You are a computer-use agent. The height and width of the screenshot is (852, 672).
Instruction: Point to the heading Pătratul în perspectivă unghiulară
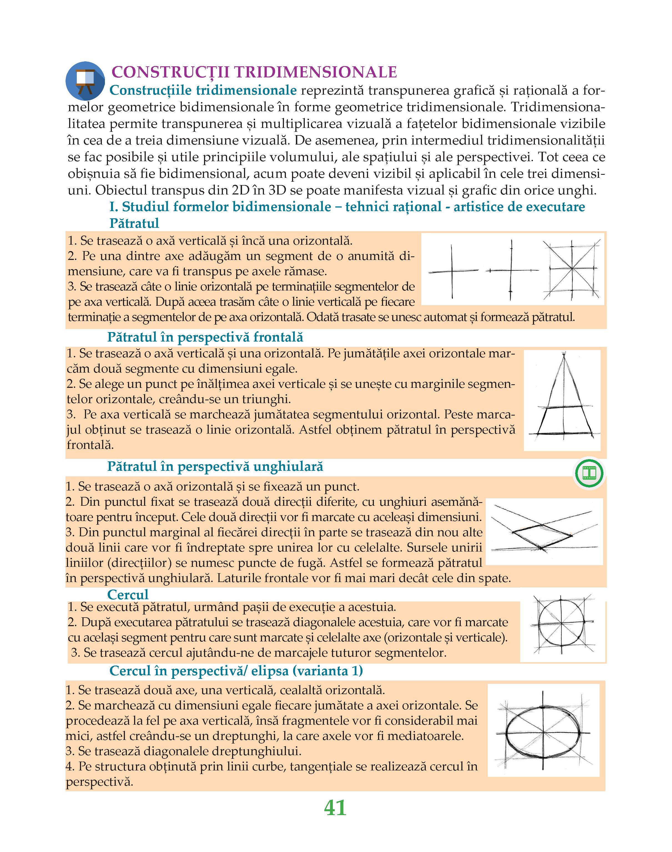pos(215,466)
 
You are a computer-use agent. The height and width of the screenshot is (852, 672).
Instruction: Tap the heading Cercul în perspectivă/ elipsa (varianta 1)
pos(236,670)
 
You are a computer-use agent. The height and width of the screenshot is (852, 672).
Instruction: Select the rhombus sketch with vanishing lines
pos(544,532)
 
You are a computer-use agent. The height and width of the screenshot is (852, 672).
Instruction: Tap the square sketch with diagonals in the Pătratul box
pos(571,269)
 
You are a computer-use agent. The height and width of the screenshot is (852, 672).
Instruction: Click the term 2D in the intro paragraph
pos(238,190)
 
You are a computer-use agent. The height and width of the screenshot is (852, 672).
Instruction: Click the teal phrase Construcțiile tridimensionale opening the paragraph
pos(203,90)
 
